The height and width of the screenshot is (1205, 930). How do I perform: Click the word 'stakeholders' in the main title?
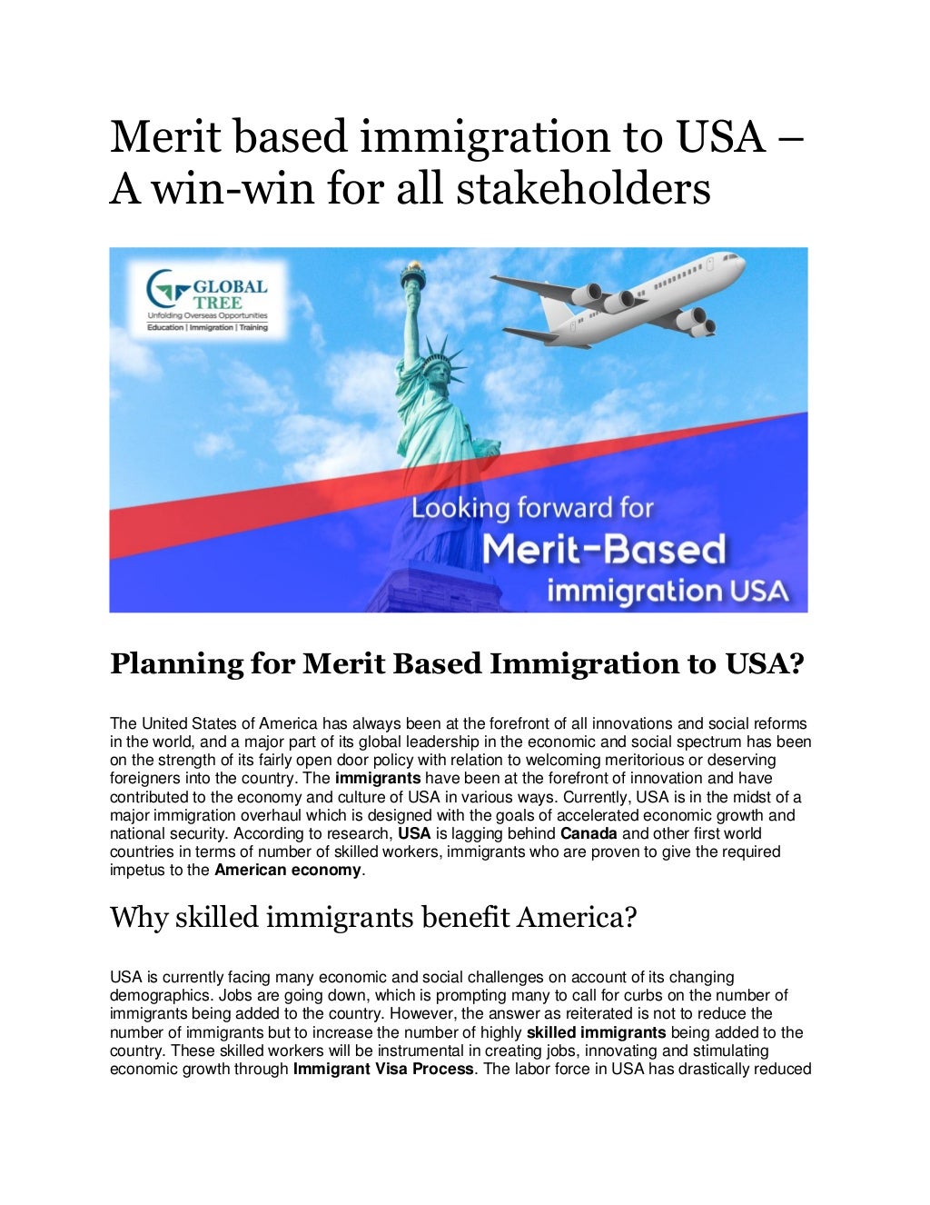(x=583, y=189)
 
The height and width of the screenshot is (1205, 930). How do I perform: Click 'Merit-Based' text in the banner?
(x=604, y=549)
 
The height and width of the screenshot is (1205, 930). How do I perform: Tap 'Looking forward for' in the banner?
(x=532, y=507)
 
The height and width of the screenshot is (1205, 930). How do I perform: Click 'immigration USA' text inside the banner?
(x=668, y=591)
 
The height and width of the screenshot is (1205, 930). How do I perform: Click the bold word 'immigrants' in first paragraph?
(x=378, y=779)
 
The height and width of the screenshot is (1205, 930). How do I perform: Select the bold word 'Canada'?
(x=589, y=833)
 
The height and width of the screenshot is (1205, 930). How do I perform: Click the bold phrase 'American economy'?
(x=288, y=871)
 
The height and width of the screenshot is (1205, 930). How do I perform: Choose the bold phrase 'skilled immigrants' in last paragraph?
(x=596, y=1032)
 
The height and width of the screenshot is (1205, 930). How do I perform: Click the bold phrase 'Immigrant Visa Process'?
(x=382, y=1070)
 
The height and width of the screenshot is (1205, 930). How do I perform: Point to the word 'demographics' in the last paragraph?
(x=152, y=996)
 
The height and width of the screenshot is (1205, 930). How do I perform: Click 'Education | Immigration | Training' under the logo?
(x=208, y=327)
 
